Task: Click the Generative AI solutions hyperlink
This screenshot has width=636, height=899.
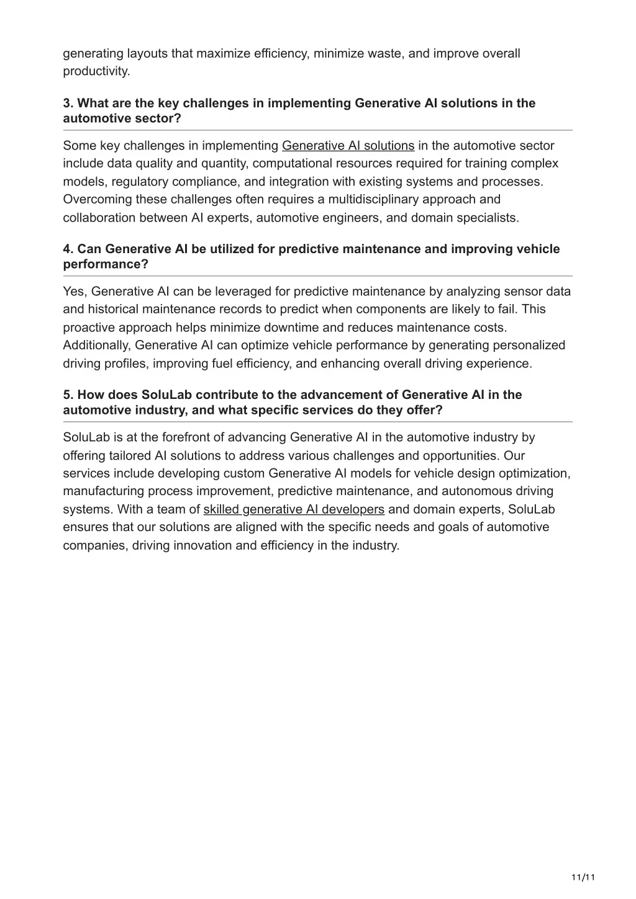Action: [x=348, y=146]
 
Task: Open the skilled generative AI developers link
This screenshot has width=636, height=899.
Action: [x=294, y=509]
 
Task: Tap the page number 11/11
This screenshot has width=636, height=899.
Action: [x=583, y=877]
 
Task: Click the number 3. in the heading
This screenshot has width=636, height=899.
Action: [x=68, y=103]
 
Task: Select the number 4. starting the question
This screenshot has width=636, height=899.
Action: [x=68, y=249]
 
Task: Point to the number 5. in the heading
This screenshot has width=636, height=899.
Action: [x=68, y=395]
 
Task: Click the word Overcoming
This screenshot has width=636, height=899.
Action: [x=93, y=199]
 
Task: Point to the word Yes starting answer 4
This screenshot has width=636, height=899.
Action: [x=74, y=292]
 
